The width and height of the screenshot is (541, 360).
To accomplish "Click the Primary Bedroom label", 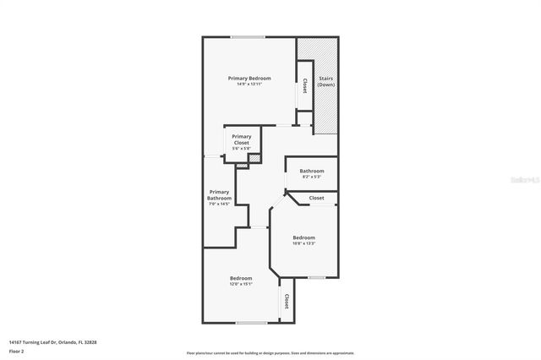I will pos(249,78).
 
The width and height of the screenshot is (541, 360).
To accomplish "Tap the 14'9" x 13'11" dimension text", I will pos(249,85).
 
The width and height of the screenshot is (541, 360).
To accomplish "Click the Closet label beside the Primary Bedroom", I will pos(304,86).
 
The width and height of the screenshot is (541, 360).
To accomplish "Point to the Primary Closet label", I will pos(242,139).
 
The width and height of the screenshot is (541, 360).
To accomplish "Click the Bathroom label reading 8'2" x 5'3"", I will pos(312,171).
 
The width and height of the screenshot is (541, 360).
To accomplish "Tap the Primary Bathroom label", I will pos(219,195).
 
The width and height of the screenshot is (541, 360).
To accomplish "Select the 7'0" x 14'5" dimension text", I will pos(219,204).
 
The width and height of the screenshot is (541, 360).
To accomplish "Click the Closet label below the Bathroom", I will pos(316,198).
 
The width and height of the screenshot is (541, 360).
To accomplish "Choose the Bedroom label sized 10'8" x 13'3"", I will pos(303,237).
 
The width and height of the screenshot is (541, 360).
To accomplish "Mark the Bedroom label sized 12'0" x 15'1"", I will pos(241,278).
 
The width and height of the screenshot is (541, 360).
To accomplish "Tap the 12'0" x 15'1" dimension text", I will pos(241,285).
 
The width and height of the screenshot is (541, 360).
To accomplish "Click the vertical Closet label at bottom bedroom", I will pos(287,302).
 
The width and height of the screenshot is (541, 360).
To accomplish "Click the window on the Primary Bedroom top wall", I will pos(247,35).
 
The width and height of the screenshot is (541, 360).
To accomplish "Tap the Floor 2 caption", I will pos(16,350).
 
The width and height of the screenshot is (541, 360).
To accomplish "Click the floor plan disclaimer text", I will pos(270,353).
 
